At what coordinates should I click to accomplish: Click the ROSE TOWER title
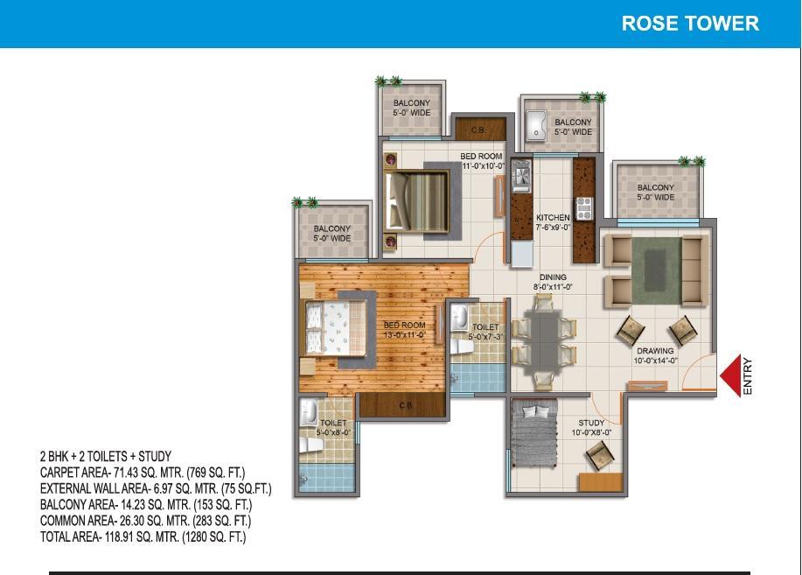(690, 24)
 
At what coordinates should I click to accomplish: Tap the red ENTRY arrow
(731, 375)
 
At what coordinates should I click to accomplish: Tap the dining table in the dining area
(544, 340)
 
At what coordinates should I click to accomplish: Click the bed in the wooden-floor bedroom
(336, 328)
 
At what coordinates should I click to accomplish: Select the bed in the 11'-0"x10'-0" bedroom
(417, 201)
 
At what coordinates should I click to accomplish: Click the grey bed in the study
(534, 433)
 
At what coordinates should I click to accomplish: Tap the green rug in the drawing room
(656, 270)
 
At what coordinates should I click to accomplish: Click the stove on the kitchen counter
(584, 208)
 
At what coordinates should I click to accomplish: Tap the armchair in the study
(599, 455)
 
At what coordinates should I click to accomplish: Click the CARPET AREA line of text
(143, 472)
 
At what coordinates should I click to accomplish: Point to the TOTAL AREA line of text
(143, 536)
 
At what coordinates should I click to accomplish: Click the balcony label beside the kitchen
(573, 127)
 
